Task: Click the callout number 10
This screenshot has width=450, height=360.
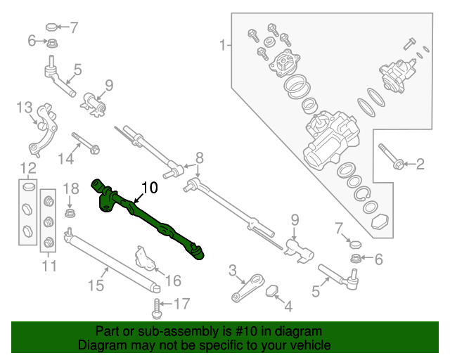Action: [150, 187]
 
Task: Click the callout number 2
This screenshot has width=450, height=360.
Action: [420, 165]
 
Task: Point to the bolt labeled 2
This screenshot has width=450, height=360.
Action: [390, 157]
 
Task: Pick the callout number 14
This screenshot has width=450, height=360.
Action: [65, 158]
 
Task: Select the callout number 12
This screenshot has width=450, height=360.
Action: [27, 167]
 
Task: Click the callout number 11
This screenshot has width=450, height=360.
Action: [48, 265]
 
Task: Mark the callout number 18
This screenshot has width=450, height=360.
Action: [72, 188]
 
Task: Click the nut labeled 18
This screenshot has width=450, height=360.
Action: [70, 212]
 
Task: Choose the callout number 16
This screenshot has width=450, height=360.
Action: [172, 281]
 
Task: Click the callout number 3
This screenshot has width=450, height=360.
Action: [231, 269]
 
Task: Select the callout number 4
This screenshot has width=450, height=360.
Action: [287, 307]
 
